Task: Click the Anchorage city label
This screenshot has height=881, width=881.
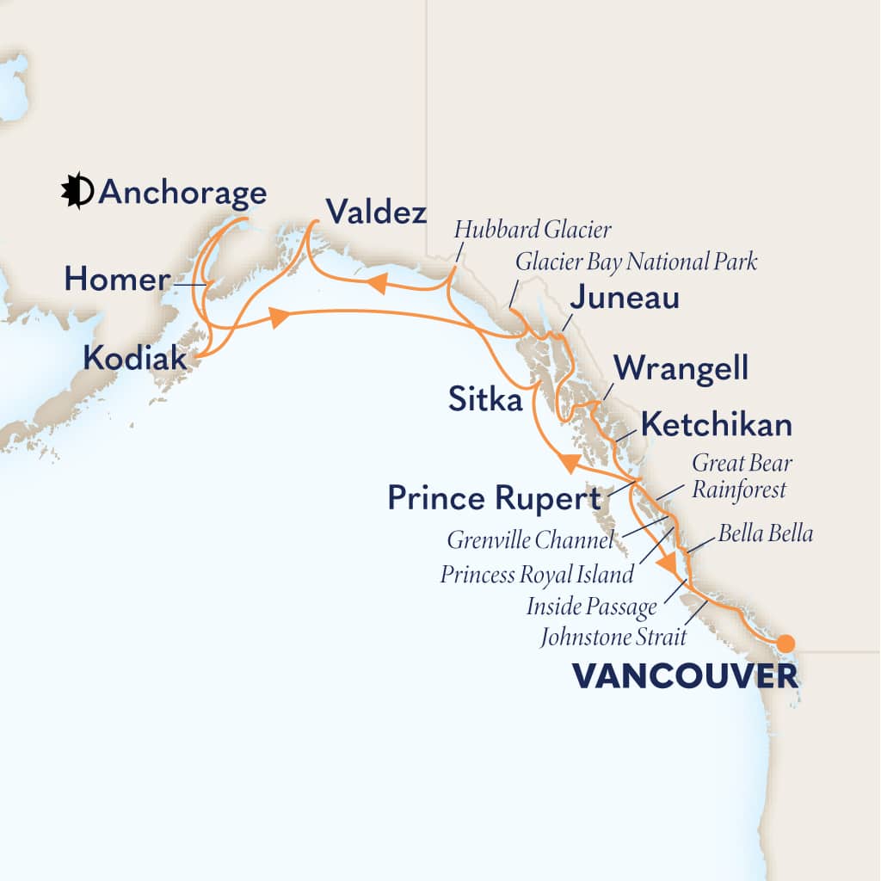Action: pyautogui.click(x=182, y=194)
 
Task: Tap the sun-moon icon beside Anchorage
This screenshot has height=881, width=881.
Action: pyautogui.click(x=77, y=191)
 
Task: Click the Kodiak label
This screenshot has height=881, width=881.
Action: pyautogui.click(x=135, y=357)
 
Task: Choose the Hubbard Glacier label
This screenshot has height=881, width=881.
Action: pyautogui.click(x=533, y=231)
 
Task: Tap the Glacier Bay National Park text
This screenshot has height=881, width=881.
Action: pyautogui.click(x=636, y=262)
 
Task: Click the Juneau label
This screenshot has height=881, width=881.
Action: pyautogui.click(x=625, y=299)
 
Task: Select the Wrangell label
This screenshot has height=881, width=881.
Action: pyautogui.click(x=681, y=370)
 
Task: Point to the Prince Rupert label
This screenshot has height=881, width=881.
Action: pyautogui.click(x=494, y=498)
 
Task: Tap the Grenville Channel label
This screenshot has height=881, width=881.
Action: pyautogui.click(x=531, y=541)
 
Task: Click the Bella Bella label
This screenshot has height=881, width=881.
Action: pyautogui.click(x=765, y=534)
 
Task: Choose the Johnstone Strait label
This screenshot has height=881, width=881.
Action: pyautogui.click(x=614, y=638)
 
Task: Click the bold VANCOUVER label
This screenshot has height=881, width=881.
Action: pyautogui.click(x=685, y=677)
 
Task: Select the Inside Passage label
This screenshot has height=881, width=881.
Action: pyautogui.click(x=592, y=607)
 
